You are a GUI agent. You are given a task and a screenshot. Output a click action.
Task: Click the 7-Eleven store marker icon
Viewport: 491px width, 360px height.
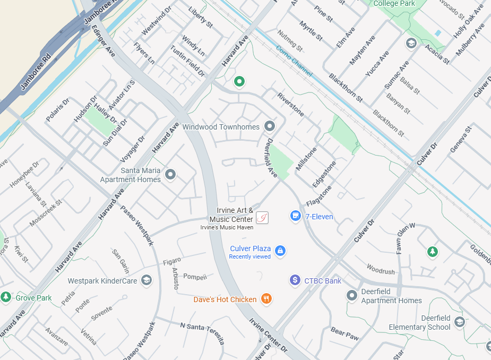point(296,216)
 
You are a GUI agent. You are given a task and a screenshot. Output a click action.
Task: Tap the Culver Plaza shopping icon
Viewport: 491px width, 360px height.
point(280,251)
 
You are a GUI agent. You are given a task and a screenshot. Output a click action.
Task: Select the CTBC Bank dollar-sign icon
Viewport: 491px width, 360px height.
point(295,280)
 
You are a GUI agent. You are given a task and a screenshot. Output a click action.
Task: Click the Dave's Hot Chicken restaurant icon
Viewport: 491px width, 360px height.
point(266,299)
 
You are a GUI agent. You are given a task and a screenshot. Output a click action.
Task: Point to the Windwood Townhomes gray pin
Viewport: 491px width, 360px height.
point(270,126)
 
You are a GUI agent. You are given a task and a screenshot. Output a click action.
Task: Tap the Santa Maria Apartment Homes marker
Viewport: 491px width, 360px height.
point(170,174)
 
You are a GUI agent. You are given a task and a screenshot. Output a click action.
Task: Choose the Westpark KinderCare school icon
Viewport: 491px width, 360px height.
point(147,280)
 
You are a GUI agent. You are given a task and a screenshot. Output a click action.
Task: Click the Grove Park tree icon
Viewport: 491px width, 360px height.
point(6,297)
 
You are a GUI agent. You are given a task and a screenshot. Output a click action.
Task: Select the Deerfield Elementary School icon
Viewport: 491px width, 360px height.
point(459,322)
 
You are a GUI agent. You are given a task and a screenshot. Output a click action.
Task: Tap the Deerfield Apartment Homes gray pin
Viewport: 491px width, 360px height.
point(351,295)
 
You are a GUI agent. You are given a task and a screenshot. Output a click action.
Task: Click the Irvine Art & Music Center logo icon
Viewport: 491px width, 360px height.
point(262,217)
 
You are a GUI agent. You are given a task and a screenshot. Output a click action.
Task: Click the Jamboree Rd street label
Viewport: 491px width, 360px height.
point(36,72)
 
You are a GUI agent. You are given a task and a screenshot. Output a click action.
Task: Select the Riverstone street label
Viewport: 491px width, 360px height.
point(291,104)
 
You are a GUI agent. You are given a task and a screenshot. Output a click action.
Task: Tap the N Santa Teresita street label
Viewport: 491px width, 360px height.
point(202,333)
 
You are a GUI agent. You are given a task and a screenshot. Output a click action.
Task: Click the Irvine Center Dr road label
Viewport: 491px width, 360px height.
point(268,336)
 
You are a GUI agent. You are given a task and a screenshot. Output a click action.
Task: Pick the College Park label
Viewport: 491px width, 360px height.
point(394,4)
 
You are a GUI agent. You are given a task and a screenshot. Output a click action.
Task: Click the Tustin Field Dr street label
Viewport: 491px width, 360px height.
point(187,61)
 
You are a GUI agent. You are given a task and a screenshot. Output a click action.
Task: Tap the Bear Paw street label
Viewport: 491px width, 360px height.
point(344,333)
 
